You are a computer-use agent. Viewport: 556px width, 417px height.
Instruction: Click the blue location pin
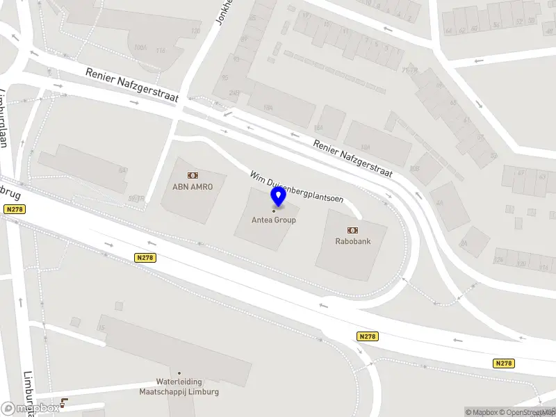(279, 197)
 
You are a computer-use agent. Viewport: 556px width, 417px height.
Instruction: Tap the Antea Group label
(274, 220)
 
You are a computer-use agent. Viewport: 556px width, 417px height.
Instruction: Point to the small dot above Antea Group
(273, 211)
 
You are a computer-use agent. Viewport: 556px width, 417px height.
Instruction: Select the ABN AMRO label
(193, 187)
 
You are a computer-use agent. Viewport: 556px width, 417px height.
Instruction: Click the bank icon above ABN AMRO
(193, 175)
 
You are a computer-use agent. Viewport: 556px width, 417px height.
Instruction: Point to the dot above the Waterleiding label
(179, 373)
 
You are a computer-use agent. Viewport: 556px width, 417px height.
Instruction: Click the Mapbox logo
(31, 408)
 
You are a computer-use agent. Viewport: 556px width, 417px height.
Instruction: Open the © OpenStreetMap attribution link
(528, 412)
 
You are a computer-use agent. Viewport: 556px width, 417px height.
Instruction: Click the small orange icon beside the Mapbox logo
(65, 402)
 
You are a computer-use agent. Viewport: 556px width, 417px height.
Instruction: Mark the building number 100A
(141, 47)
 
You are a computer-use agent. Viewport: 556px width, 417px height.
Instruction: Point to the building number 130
(195, 31)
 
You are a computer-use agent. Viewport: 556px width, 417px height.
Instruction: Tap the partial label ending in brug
(10, 191)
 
